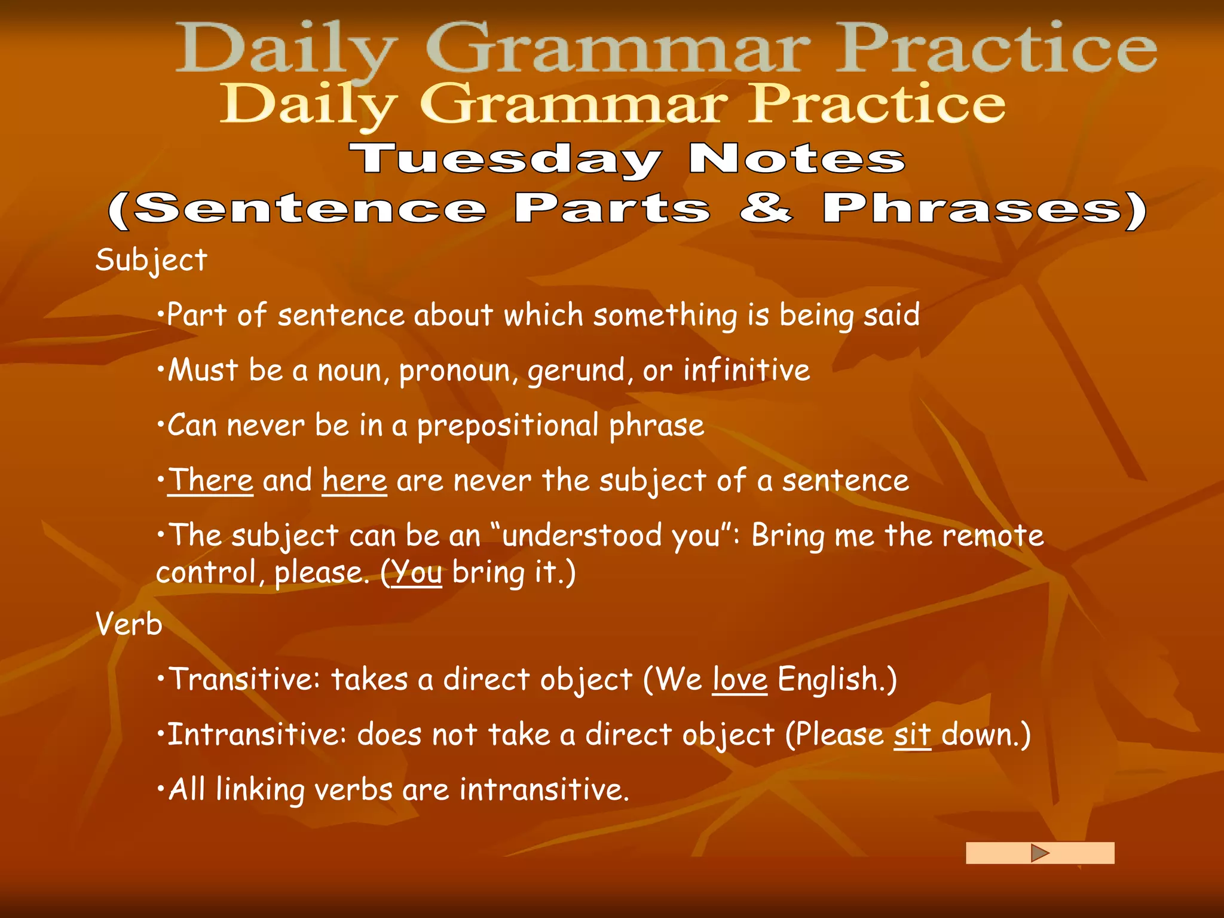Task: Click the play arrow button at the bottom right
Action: click(1040, 853)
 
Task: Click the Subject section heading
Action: click(151, 261)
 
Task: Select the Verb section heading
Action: click(129, 625)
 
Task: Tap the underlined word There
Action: click(211, 481)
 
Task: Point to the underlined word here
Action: click(354, 481)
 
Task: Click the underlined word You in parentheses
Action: click(417, 573)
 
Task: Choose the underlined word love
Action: click(739, 680)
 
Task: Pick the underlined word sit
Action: click(912, 735)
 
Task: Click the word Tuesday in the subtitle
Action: click(506, 160)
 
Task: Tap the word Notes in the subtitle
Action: click(797, 159)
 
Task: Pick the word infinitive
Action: click(746, 370)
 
